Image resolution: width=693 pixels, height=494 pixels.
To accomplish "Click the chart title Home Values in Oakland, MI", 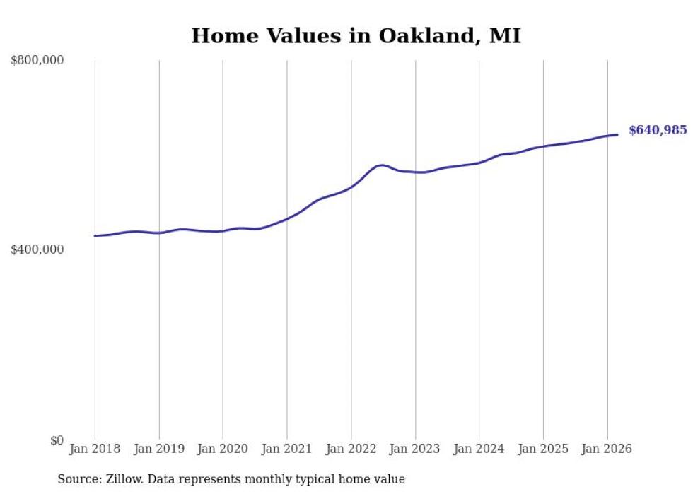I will (x=356, y=35).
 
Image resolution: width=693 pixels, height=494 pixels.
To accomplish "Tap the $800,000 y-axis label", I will (x=37, y=61).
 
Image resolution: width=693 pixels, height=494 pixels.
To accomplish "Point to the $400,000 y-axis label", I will (x=37, y=249).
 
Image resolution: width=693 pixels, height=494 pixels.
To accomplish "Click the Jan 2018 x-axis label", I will (x=95, y=449).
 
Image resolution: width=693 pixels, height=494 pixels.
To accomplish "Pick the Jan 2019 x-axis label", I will (x=159, y=449).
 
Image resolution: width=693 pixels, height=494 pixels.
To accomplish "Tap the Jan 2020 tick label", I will (x=223, y=449).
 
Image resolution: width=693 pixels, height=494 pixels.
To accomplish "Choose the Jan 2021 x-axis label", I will (x=287, y=449).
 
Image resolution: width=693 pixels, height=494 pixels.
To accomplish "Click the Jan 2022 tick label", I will (x=351, y=449).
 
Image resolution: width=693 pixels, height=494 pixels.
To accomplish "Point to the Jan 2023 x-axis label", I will (x=415, y=449).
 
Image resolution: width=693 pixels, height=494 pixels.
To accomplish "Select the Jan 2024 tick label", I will (x=479, y=449).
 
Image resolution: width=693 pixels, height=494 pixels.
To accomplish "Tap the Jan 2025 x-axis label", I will (x=543, y=449).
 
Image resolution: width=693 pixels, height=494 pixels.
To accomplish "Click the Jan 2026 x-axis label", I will (x=607, y=449).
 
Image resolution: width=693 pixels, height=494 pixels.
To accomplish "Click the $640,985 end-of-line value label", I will (x=658, y=130).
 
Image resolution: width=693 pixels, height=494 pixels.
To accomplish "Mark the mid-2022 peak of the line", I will (x=382, y=165).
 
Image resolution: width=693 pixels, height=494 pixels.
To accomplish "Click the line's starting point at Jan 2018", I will (x=95, y=236).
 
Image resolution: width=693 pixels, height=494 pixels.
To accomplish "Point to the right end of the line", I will (x=617, y=134).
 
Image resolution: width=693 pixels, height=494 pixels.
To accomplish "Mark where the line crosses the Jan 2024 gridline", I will (x=479, y=163).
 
